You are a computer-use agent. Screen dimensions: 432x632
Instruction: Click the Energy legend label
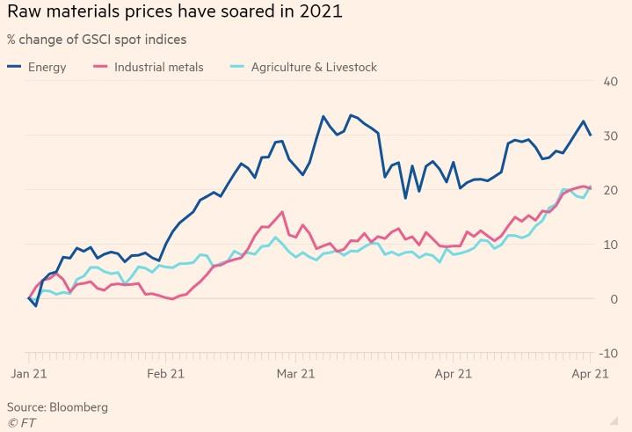(x=47, y=67)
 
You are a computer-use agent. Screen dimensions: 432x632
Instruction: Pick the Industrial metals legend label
(x=158, y=67)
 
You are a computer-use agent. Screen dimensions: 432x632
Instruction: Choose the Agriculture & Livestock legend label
(x=314, y=67)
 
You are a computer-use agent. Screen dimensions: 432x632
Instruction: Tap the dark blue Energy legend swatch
(x=14, y=67)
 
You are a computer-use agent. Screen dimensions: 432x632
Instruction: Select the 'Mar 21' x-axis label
(x=296, y=373)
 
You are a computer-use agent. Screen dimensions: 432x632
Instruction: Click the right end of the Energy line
(x=590, y=135)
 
